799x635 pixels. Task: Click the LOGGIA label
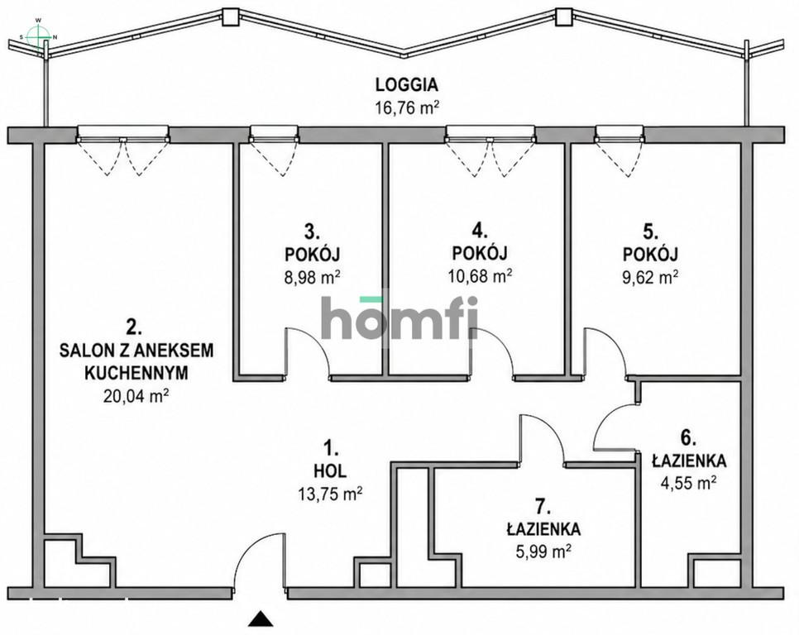coord(407,84)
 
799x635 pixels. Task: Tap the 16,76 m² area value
coord(407,108)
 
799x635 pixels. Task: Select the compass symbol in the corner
coord(39,36)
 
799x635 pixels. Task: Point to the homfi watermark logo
coord(400,317)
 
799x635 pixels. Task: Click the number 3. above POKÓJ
coord(312,232)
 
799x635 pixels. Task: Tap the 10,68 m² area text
coord(480,275)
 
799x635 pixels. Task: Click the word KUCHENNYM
coord(136,373)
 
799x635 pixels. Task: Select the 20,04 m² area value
coord(136,396)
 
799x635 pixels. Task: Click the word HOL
coord(330,471)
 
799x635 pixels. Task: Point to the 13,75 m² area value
coord(330,493)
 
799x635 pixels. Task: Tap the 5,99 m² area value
coord(543,551)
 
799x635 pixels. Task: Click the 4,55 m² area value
coord(688,482)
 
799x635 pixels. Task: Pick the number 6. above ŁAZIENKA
coord(688,437)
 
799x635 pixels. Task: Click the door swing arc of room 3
coord(316,342)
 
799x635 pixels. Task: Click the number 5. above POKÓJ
coord(650,232)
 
